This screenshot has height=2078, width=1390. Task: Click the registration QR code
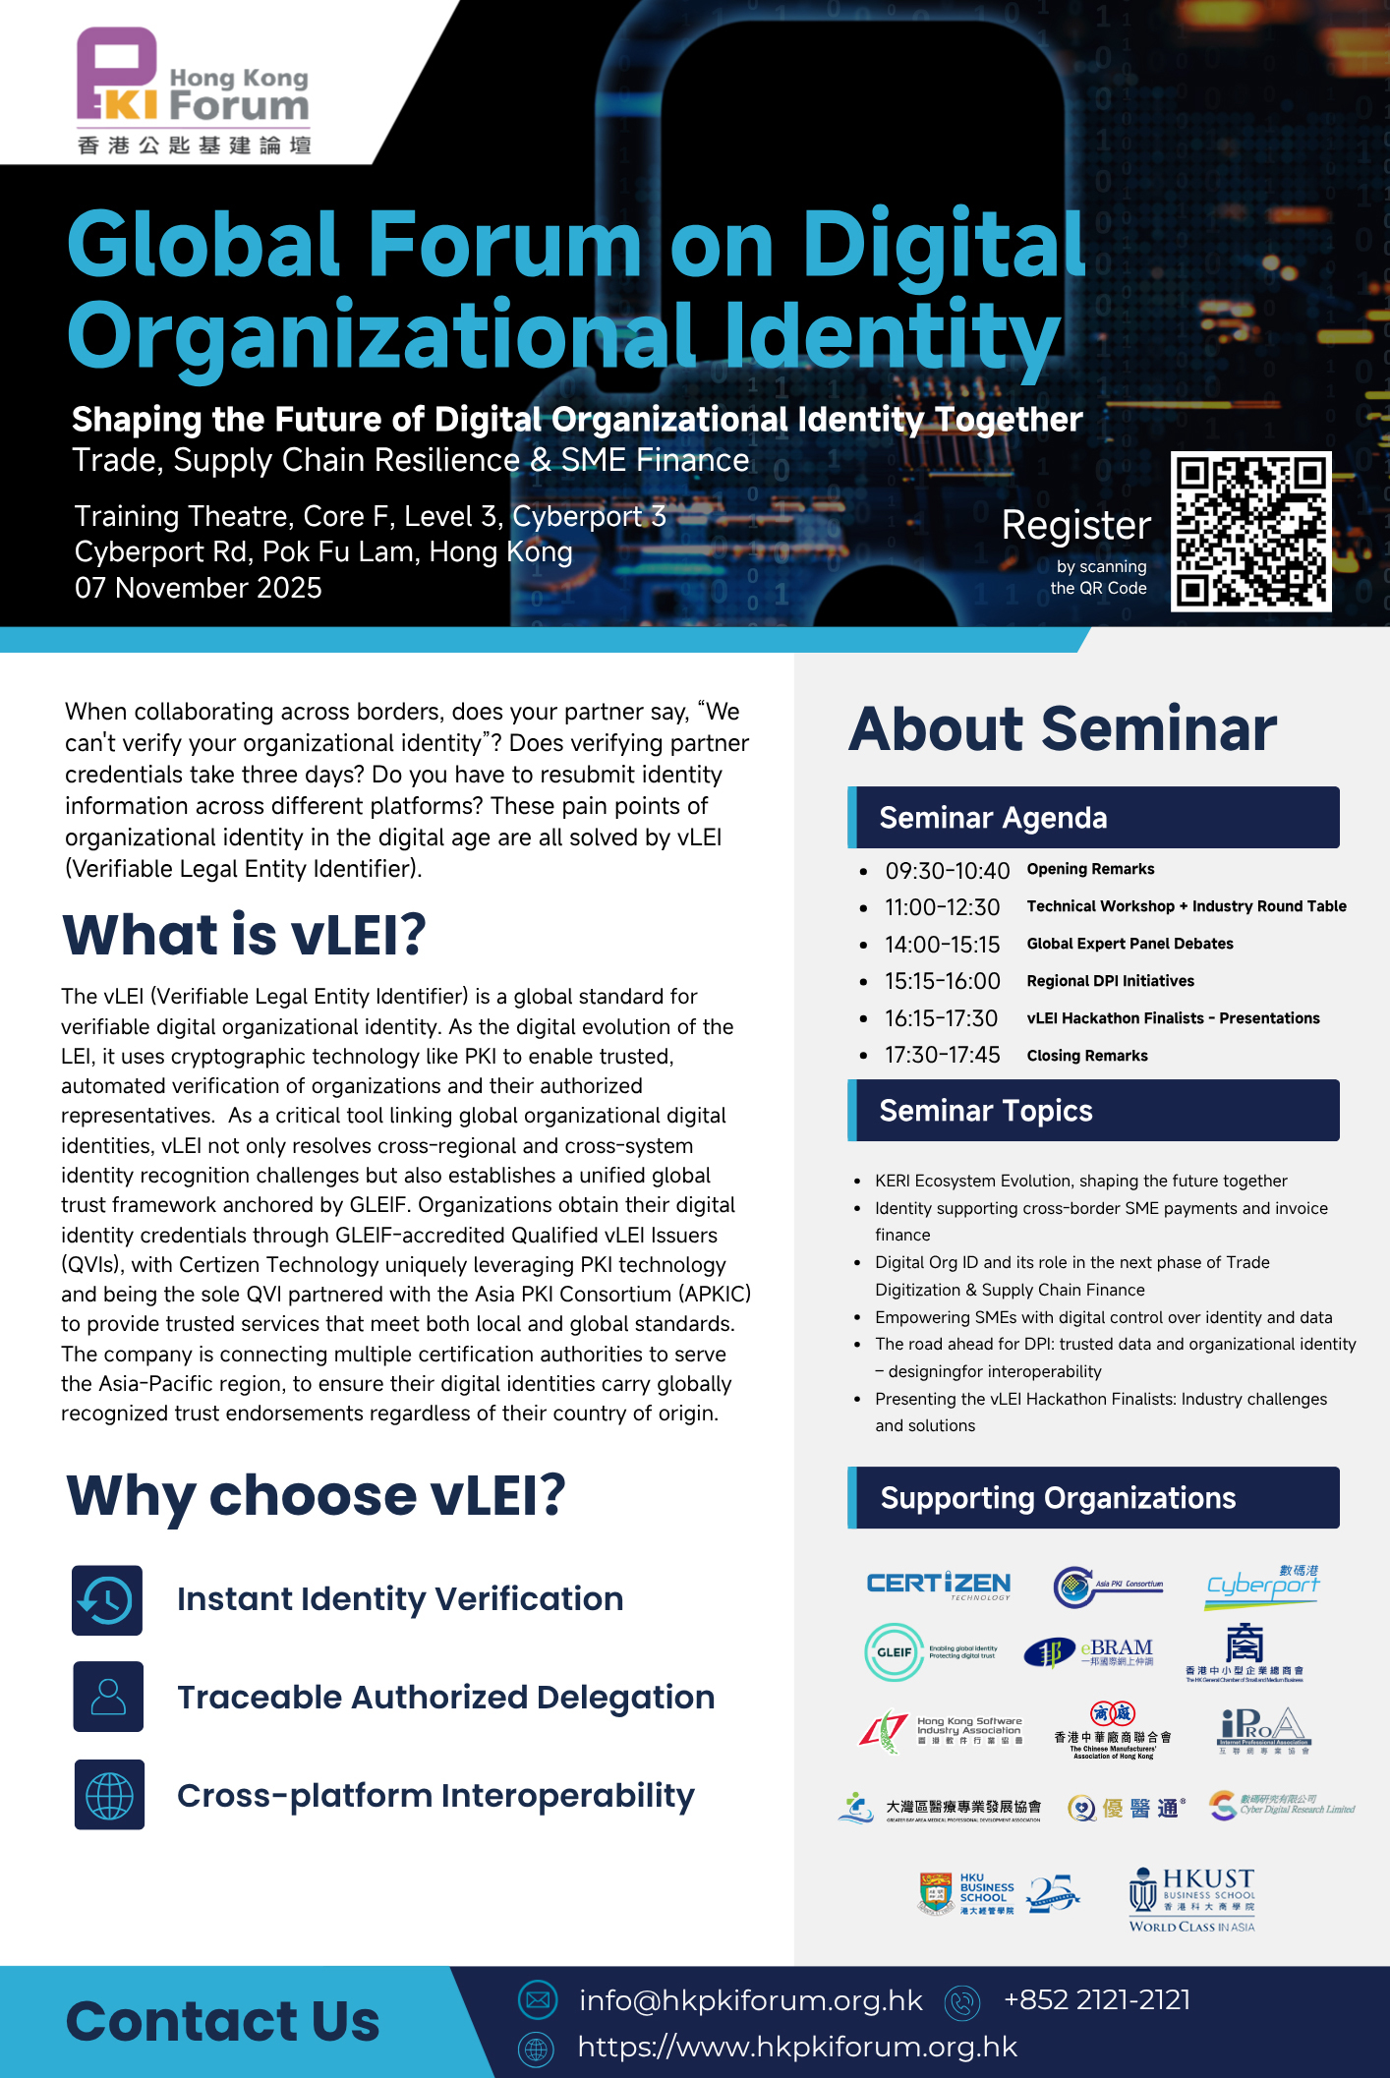(x=1250, y=532)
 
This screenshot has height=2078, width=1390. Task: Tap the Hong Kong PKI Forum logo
(x=194, y=91)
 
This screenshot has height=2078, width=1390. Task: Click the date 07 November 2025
(x=199, y=588)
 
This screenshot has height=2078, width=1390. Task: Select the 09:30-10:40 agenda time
(x=947, y=871)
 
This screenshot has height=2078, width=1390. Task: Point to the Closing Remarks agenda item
(x=1087, y=1056)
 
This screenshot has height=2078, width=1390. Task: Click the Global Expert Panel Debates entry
(x=1129, y=944)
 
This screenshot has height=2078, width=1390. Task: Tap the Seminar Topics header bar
(x=1093, y=1111)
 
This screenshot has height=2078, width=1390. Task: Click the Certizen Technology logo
(x=938, y=1585)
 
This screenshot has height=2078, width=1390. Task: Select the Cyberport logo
(x=1263, y=1585)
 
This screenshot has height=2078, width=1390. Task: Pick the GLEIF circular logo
(x=894, y=1652)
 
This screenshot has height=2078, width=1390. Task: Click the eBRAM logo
(x=1088, y=1652)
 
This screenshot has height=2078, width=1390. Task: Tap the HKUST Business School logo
(x=1191, y=1899)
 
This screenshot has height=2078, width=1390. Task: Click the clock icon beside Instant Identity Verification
(x=107, y=1600)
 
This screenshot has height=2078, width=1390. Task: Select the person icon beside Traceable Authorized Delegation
(x=108, y=1697)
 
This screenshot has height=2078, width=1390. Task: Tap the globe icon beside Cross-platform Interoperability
(x=109, y=1795)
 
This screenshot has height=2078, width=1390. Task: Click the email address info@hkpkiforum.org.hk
(x=750, y=2000)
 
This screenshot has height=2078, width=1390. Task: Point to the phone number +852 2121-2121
(x=1096, y=2000)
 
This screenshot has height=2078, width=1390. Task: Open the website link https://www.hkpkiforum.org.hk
(x=797, y=2047)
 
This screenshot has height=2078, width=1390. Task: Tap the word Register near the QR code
(x=1075, y=526)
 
